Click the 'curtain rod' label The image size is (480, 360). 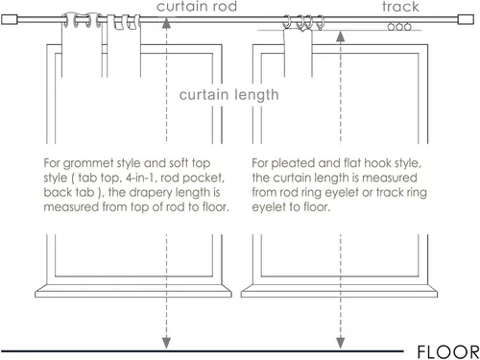tap(197, 7)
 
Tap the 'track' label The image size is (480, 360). tap(400, 7)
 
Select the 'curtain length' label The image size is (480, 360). tap(228, 95)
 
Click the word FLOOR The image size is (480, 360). tap(448, 352)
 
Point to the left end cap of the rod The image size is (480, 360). tap(9, 19)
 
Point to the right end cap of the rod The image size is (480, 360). tap(466, 19)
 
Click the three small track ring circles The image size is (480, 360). tap(399, 27)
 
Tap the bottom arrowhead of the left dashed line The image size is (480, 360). tap(166, 343)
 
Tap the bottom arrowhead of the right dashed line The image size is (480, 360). tap(341, 343)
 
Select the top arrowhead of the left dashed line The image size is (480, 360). tap(166, 23)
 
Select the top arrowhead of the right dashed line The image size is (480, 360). tap(341, 36)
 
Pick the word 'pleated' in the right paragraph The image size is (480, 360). tap(293, 163)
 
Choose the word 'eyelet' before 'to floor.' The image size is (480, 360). tap(268, 207)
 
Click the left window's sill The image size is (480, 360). tap(133, 291)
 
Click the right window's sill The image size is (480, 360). tap(339, 291)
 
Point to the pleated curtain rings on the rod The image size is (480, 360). tap(303, 22)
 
